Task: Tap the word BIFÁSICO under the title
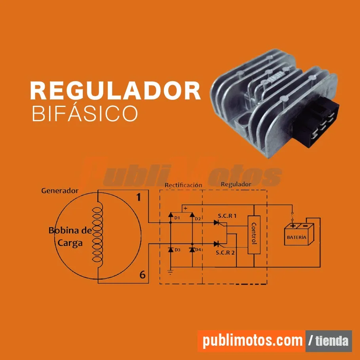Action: coord(85,113)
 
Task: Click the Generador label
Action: coord(60,190)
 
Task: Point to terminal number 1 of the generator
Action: coord(139,197)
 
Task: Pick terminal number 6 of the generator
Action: coord(142,274)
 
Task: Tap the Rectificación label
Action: coord(183,185)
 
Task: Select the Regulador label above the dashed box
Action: coord(236,184)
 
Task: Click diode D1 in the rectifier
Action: coord(171,215)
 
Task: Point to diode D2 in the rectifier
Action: coord(192,215)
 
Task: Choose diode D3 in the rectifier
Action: coord(171,250)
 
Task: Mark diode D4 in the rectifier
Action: coord(192,250)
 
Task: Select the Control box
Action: coord(254,234)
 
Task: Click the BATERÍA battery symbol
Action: coord(299,234)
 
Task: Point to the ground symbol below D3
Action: coord(170,272)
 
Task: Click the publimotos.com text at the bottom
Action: coord(253,341)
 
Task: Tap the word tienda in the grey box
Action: coord(332,341)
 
